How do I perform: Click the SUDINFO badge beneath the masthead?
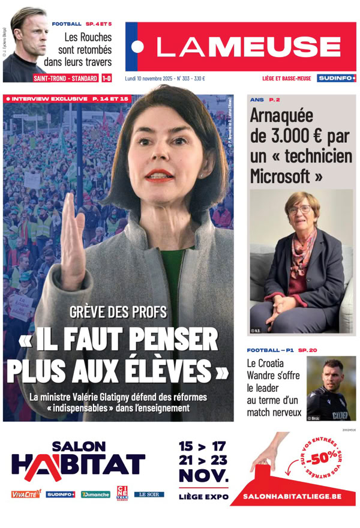[337, 78]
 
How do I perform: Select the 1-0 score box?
[106, 78]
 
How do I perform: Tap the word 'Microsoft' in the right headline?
[281, 176]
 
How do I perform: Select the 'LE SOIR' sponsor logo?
[149, 494]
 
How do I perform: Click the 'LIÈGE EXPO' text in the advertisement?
[203, 496]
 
